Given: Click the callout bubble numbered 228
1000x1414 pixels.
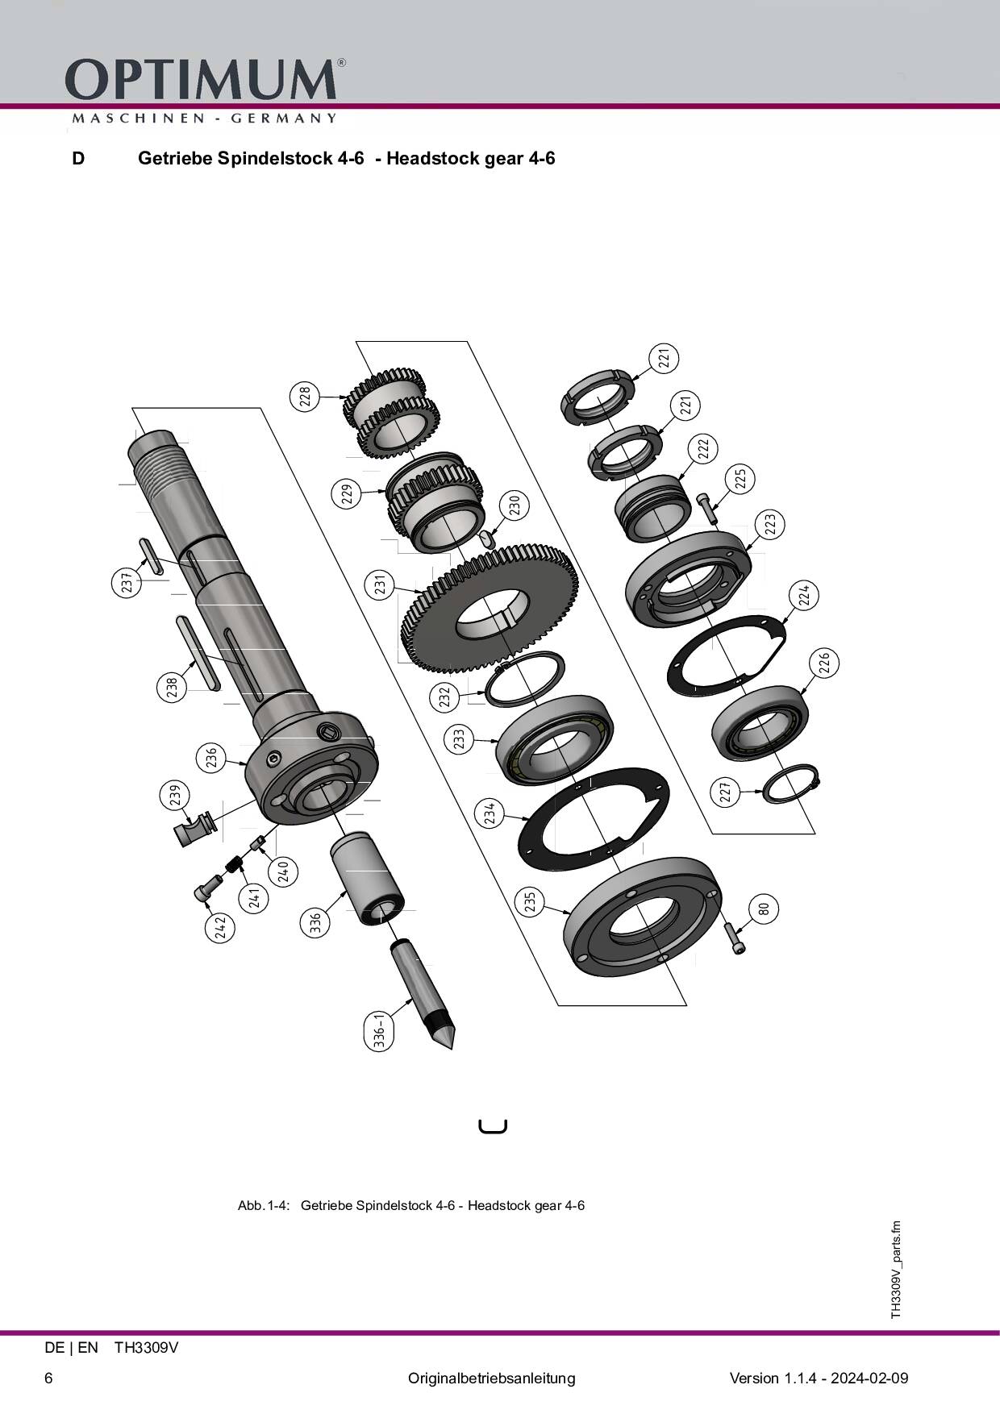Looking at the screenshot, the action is point(304,397).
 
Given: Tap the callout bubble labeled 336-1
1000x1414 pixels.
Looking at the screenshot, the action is point(381,1032).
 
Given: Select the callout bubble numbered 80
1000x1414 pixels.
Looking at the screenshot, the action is point(764,909).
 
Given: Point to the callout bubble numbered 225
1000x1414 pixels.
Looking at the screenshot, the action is point(740,478).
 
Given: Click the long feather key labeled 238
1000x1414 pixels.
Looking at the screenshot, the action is point(197,651).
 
